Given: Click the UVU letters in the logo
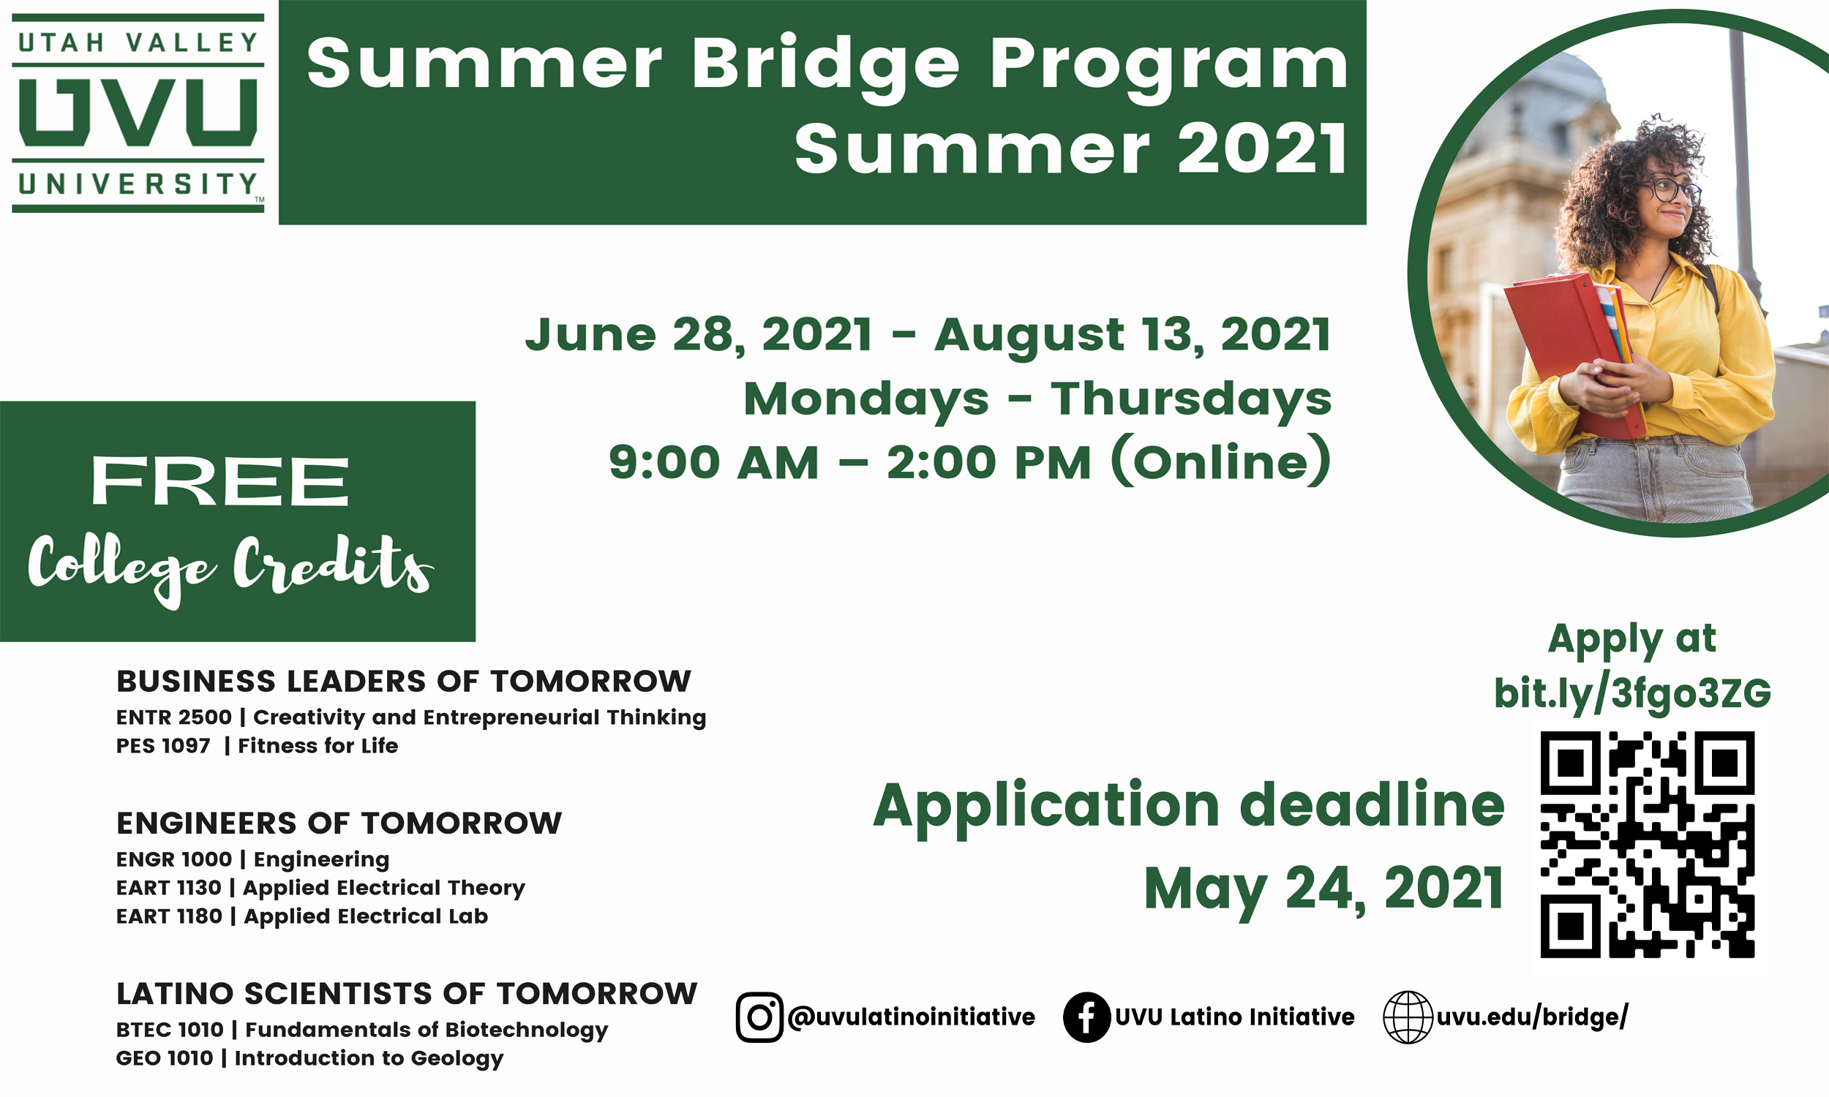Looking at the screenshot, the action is point(138,113).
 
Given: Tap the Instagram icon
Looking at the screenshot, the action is point(759,1017).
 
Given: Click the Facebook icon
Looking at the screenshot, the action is point(1086,1017).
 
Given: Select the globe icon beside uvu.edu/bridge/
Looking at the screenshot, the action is point(1408,1017).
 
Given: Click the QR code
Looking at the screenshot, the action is point(1647,844).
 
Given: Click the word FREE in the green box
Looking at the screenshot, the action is point(219,481).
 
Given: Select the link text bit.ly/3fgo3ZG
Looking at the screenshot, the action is point(1632,693).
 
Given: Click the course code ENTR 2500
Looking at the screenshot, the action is point(173,717).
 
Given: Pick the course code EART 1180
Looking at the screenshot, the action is point(168,916).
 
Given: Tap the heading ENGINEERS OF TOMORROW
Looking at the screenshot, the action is point(339,823).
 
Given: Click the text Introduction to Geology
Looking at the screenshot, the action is point(369,1058).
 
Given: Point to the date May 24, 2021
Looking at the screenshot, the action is point(1323,888).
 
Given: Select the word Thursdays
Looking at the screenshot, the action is point(1191,400).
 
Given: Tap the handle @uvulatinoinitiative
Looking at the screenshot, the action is point(911,1017).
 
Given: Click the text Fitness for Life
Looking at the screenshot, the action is point(318,746).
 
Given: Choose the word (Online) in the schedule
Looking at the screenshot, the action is point(1221,462).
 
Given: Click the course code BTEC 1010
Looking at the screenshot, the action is point(169,1030).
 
